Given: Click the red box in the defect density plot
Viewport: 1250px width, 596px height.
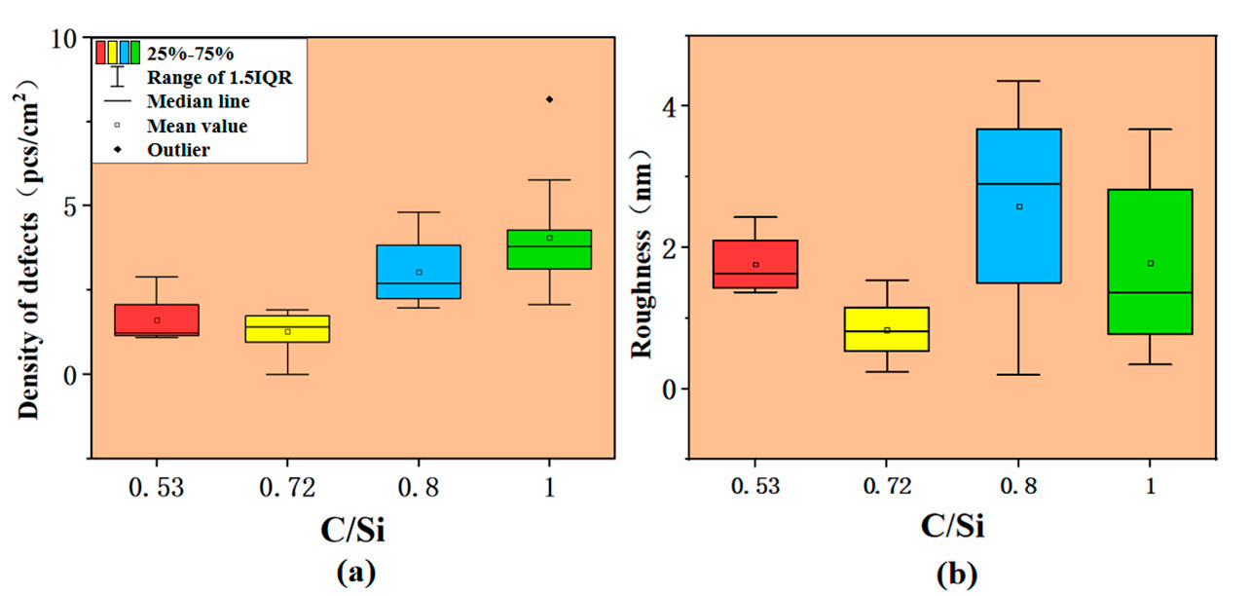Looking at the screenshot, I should coord(157,319).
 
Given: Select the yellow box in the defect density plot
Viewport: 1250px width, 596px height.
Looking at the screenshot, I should coord(287,328).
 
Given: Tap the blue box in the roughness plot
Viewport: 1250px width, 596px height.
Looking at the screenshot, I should coord(1019,205).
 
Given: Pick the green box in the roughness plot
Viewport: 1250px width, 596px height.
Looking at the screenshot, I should coord(1150,261).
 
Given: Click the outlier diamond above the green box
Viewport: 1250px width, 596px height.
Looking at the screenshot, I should coord(549,99).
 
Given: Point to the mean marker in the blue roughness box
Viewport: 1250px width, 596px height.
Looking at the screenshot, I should coord(1019,206).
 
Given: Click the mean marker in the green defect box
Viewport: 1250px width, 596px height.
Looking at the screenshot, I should coord(549,238).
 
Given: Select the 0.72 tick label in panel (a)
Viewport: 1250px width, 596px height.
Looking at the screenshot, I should coord(287,488).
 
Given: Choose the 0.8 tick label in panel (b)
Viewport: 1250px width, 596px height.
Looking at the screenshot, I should coord(1019,487).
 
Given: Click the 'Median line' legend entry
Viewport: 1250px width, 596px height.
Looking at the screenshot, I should coord(198,100).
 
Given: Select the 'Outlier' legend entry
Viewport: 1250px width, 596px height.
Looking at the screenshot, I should coord(178,150).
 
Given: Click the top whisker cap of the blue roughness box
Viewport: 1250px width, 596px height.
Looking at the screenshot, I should coord(1019,81).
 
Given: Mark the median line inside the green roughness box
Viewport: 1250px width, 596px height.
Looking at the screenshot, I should coord(1150,292).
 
